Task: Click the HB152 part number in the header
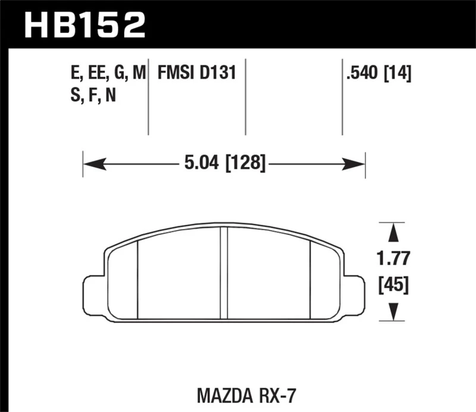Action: point(84,24)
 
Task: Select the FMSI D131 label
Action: point(197,73)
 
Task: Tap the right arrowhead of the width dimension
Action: point(358,161)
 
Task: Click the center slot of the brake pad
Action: point(224,274)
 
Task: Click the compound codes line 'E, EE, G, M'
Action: point(108,73)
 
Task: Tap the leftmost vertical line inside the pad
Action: point(137,280)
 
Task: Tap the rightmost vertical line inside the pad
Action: point(311,280)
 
